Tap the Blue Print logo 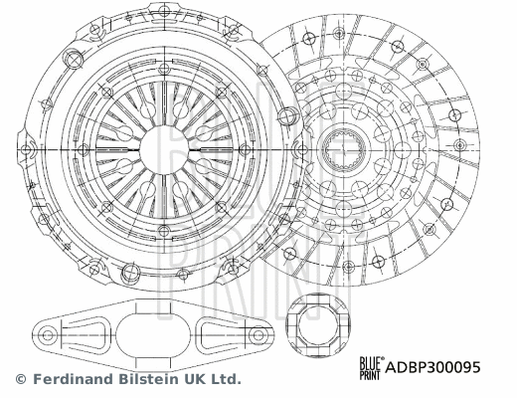369,366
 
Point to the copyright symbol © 20,379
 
